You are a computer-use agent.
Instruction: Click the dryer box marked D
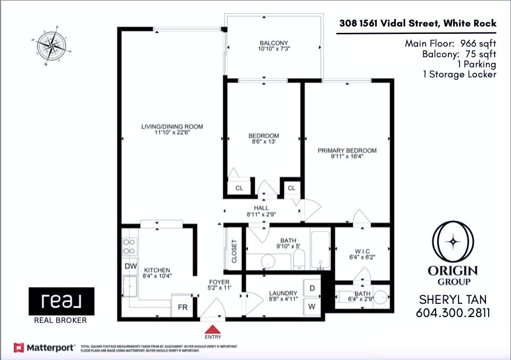pos(312,288)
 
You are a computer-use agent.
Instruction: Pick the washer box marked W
pos(312,307)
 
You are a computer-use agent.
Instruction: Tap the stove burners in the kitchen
pos(129,245)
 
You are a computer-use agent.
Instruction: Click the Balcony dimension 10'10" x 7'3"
pos(274,49)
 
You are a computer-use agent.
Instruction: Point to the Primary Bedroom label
pos(347,151)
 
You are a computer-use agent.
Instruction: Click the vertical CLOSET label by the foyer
pos(233,251)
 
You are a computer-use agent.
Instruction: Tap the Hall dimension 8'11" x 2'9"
pos(261,215)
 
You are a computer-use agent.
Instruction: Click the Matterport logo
pos(44,347)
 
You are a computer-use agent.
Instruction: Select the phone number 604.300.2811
pos(453,313)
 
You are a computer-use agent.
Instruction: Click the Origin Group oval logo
pos(453,241)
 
